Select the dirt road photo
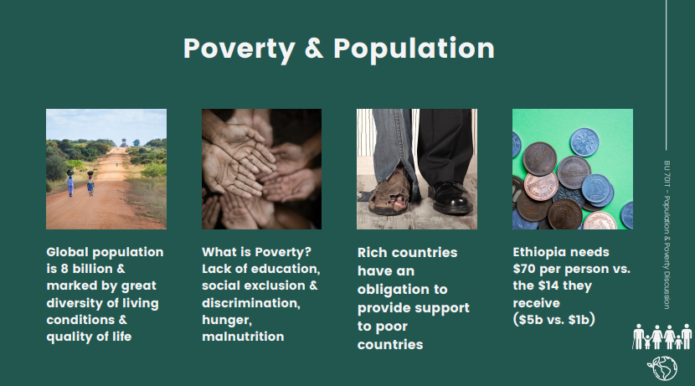pyautogui.click(x=106, y=169)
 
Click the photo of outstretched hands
pyautogui.click(x=262, y=169)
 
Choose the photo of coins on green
pyautogui.click(x=573, y=169)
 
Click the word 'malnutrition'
pyautogui.click(x=243, y=337)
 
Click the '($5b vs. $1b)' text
pyautogui.click(x=554, y=321)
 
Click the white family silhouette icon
pyautogui.click(x=662, y=337)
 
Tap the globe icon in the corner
pyautogui.click(x=662, y=368)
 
